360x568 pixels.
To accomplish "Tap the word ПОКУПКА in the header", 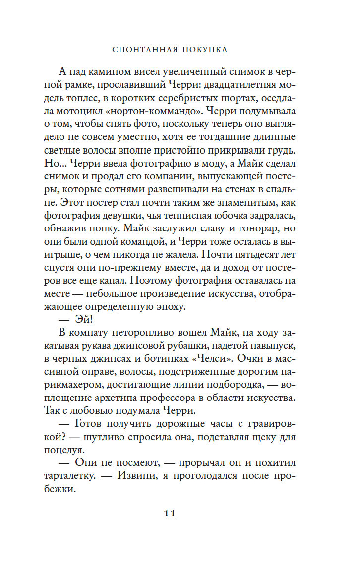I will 207,50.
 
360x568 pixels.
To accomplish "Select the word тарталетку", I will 85,475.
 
